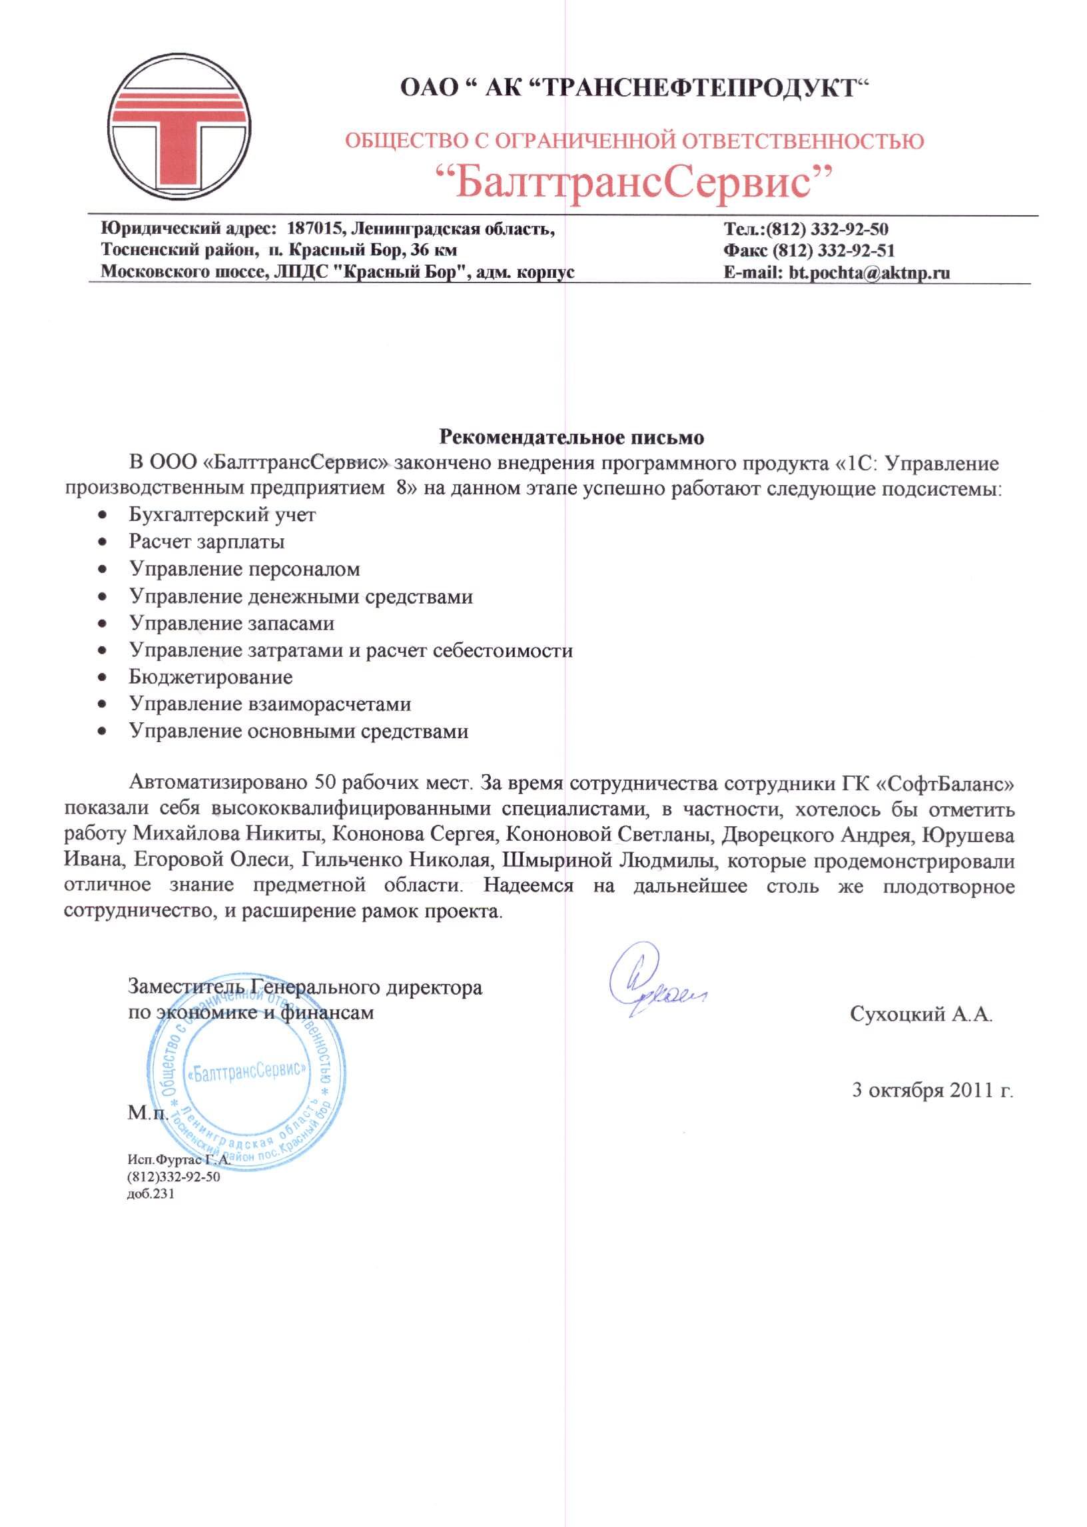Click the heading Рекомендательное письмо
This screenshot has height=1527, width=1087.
[571, 438]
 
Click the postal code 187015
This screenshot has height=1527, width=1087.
[314, 229]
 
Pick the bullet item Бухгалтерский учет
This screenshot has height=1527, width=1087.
[222, 515]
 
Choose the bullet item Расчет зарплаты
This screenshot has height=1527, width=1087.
[207, 542]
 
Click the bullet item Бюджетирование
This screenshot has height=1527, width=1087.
[211, 677]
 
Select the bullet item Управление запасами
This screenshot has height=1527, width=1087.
[232, 623]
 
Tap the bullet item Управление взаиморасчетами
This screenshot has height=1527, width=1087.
[270, 704]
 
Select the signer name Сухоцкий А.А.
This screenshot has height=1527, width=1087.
[921, 1014]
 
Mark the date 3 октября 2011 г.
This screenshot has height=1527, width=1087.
[932, 1091]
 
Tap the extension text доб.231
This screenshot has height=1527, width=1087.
[151, 1194]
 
